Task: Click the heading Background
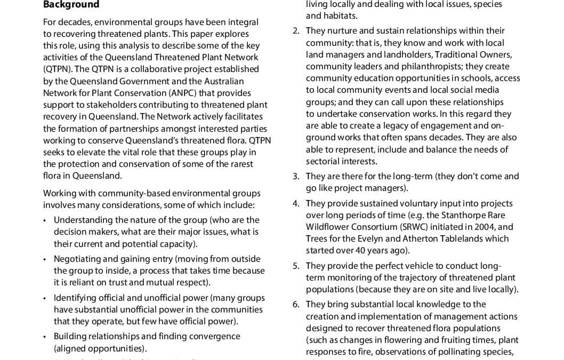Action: click(x=71, y=5)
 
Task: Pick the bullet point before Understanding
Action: click(x=45, y=220)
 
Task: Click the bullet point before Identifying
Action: click(x=45, y=298)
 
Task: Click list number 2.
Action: click(x=296, y=31)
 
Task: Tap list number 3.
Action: click(x=296, y=177)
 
